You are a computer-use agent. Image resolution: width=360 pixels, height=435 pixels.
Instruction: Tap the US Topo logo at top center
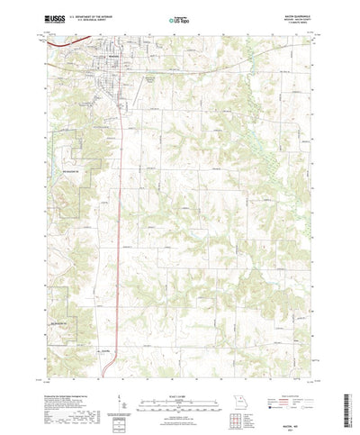[x=180, y=19]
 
